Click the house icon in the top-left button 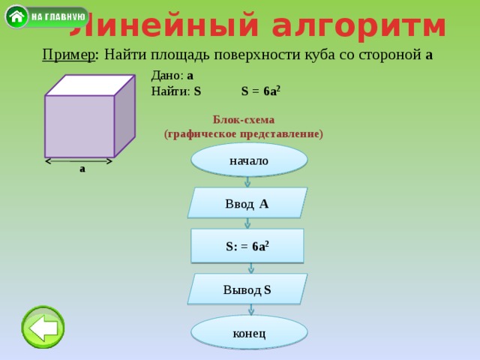(16, 16)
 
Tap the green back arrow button (43, 327)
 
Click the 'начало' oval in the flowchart (249, 160)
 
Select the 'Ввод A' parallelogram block (247, 203)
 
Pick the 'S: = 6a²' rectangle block (247, 246)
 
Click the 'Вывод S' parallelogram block (247, 289)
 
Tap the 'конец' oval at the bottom (249, 333)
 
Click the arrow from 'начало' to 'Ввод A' (247, 182)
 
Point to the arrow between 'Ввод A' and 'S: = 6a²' (247, 223)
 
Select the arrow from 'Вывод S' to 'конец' (251, 310)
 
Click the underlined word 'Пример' (68, 55)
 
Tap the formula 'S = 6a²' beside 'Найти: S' (261, 91)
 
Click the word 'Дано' (166, 75)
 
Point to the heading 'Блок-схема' (244, 120)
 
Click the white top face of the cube (90, 85)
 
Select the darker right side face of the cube (125, 115)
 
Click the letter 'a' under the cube (82, 169)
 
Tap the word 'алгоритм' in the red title (358, 27)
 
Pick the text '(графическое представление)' (244, 134)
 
